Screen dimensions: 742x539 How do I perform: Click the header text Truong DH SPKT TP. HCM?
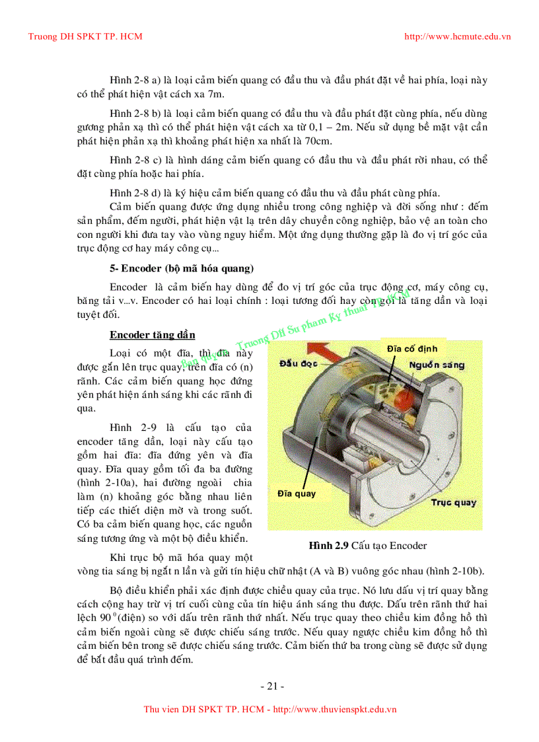click(x=85, y=36)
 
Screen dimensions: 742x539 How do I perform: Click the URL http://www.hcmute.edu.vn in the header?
click(x=457, y=36)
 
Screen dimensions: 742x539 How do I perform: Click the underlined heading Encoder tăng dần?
click(x=152, y=335)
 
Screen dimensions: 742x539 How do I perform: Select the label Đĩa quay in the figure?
click(x=296, y=494)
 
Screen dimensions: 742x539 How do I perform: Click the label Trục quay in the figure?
click(x=453, y=503)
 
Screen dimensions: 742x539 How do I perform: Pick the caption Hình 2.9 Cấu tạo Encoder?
click(x=367, y=546)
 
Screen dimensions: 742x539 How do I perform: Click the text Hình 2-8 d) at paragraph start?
click(x=136, y=193)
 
